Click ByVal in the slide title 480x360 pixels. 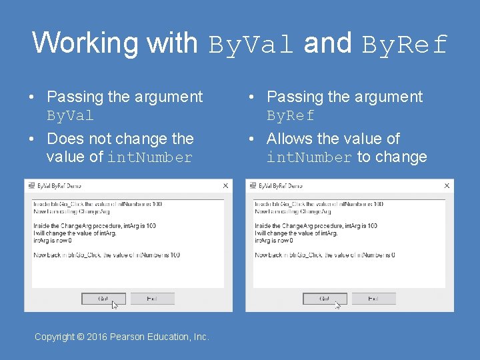(x=251, y=44)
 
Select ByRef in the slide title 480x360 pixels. (x=404, y=44)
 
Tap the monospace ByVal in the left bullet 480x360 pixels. (x=70, y=116)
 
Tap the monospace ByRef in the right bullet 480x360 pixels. (x=291, y=116)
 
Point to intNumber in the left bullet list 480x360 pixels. (x=150, y=158)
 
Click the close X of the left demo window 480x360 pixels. (x=225, y=186)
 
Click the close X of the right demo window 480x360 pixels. (x=447, y=186)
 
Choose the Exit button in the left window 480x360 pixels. (x=152, y=299)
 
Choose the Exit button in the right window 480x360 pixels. (x=373, y=299)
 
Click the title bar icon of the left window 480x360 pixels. (x=31, y=186)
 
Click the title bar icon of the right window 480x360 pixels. (x=252, y=186)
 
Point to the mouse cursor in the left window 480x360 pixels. (x=115, y=305)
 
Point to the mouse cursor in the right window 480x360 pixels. (x=337, y=305)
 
